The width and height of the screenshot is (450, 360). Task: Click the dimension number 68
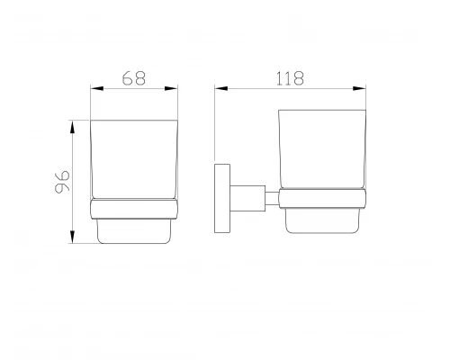[x=134, y=78]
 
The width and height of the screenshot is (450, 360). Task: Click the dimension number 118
[x=290, y=78]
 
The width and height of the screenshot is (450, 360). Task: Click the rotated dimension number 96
[x=62, y=182]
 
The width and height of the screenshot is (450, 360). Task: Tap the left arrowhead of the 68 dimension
[x=97, y=88]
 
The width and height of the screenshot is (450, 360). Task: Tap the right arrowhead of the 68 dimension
[x=171, y=88]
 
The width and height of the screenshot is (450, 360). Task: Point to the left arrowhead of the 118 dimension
[x=221, y=88]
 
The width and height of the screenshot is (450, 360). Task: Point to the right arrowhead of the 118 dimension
[x=359, y=88]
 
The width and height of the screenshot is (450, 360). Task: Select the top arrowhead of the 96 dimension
[x=72, y=127]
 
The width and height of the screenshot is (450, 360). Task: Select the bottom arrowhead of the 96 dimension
[x=72, y=237]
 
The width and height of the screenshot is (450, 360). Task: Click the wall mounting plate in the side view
[x=222, y=198]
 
